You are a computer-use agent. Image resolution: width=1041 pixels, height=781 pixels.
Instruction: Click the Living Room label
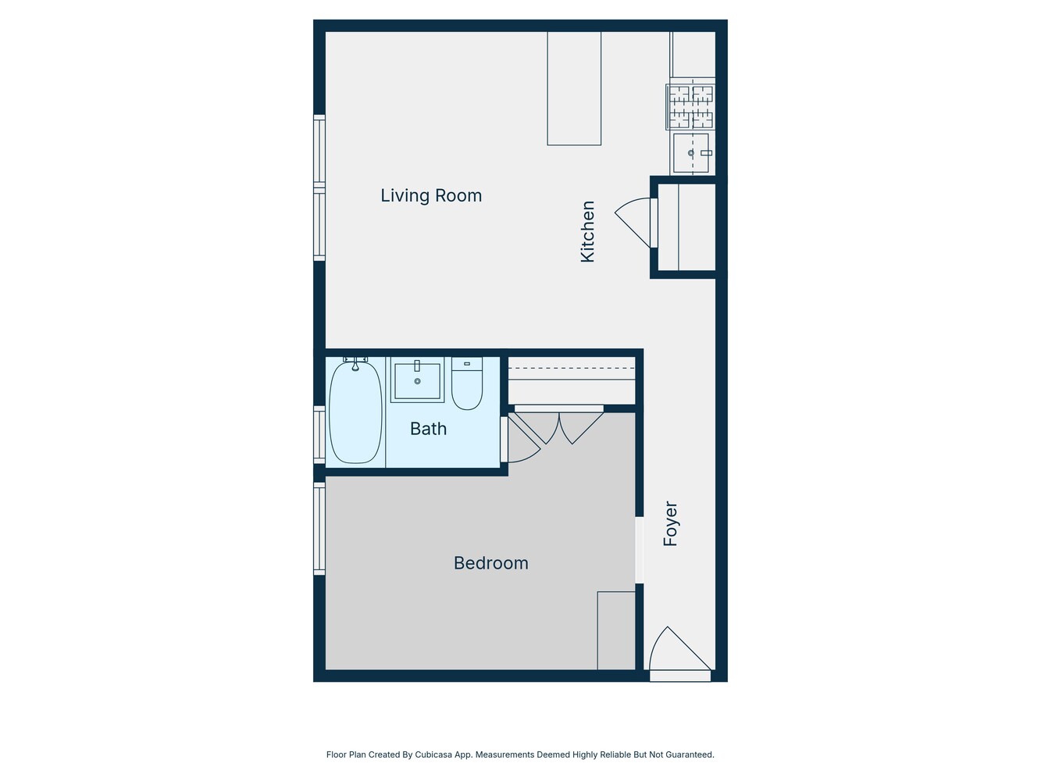pyautogui.click(x=431, y=195)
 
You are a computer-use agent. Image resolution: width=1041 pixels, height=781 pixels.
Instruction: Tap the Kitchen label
pyautogui.click(x=588, y=231)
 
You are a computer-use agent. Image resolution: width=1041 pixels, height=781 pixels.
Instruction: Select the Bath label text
pyautogui.click(x=428, y=428)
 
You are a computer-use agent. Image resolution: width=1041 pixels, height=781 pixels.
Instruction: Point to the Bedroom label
pyautogui.click(x=490, y=563)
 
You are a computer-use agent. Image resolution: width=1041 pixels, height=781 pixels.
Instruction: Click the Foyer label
pyautogui.click(x=670, y=523)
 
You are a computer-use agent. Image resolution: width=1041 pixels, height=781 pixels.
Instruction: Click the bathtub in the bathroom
pyautogui.click(x=355, y=412)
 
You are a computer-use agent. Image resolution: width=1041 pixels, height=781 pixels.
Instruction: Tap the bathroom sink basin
pyautogui.click(x=417, y=381)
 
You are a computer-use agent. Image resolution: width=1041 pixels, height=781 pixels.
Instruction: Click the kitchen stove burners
pyautogui.click(x=691, y=106)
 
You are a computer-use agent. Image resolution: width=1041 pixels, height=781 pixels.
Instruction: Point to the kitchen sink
pyautogui.click(x=691, y=153)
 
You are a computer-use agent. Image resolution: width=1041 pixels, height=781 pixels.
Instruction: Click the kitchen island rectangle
pyautogui.click(x=574, y=88)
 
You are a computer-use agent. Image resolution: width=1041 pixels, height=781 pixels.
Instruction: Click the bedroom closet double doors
pyautogui.click(x=559, y=426)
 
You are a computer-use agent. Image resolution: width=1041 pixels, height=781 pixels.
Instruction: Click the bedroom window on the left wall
pyautogui.click(x=319, y=529)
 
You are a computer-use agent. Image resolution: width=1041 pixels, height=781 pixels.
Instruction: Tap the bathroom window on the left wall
pyautogui.click(x=319, y=434)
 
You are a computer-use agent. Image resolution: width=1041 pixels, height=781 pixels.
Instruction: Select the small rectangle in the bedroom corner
pyautogui.click(x=616, y=630)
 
